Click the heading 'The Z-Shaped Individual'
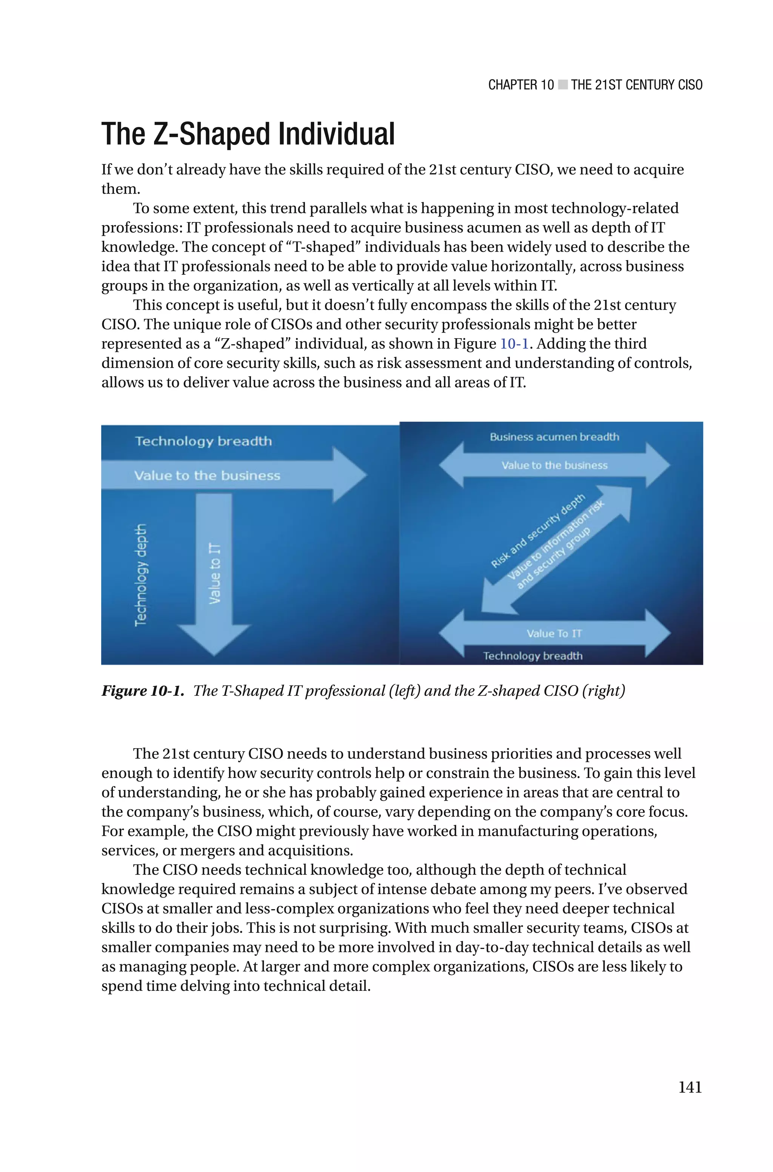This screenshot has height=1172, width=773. (x=248, y=134)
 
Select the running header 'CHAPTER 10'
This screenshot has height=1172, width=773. (x=520, y=85)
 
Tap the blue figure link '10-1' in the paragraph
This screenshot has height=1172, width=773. (x=514, y=343)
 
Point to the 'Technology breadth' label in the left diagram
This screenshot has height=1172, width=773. (x=203, y=441)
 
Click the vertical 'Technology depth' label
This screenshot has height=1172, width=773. (x=141, y=574)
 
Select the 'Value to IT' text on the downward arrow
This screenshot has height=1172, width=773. (x=214, y=573)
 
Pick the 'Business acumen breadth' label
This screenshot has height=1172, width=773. (x=554, y=437)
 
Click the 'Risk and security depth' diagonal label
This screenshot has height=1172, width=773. (x=537, y=530)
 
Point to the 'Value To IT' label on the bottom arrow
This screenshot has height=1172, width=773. (x=554, y=633)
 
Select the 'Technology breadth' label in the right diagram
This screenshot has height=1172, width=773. (x=533, y=656)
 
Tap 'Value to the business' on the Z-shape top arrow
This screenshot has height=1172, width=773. (x=554, y=465)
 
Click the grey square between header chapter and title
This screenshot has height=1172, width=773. (x=562, y=85)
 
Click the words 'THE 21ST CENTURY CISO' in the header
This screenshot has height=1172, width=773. (x=636, y=85)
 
